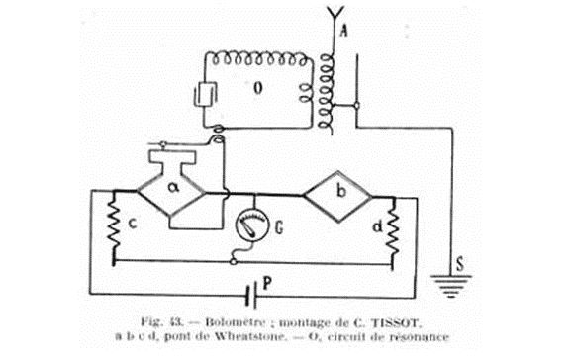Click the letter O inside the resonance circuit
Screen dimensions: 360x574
tap(259, 89)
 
